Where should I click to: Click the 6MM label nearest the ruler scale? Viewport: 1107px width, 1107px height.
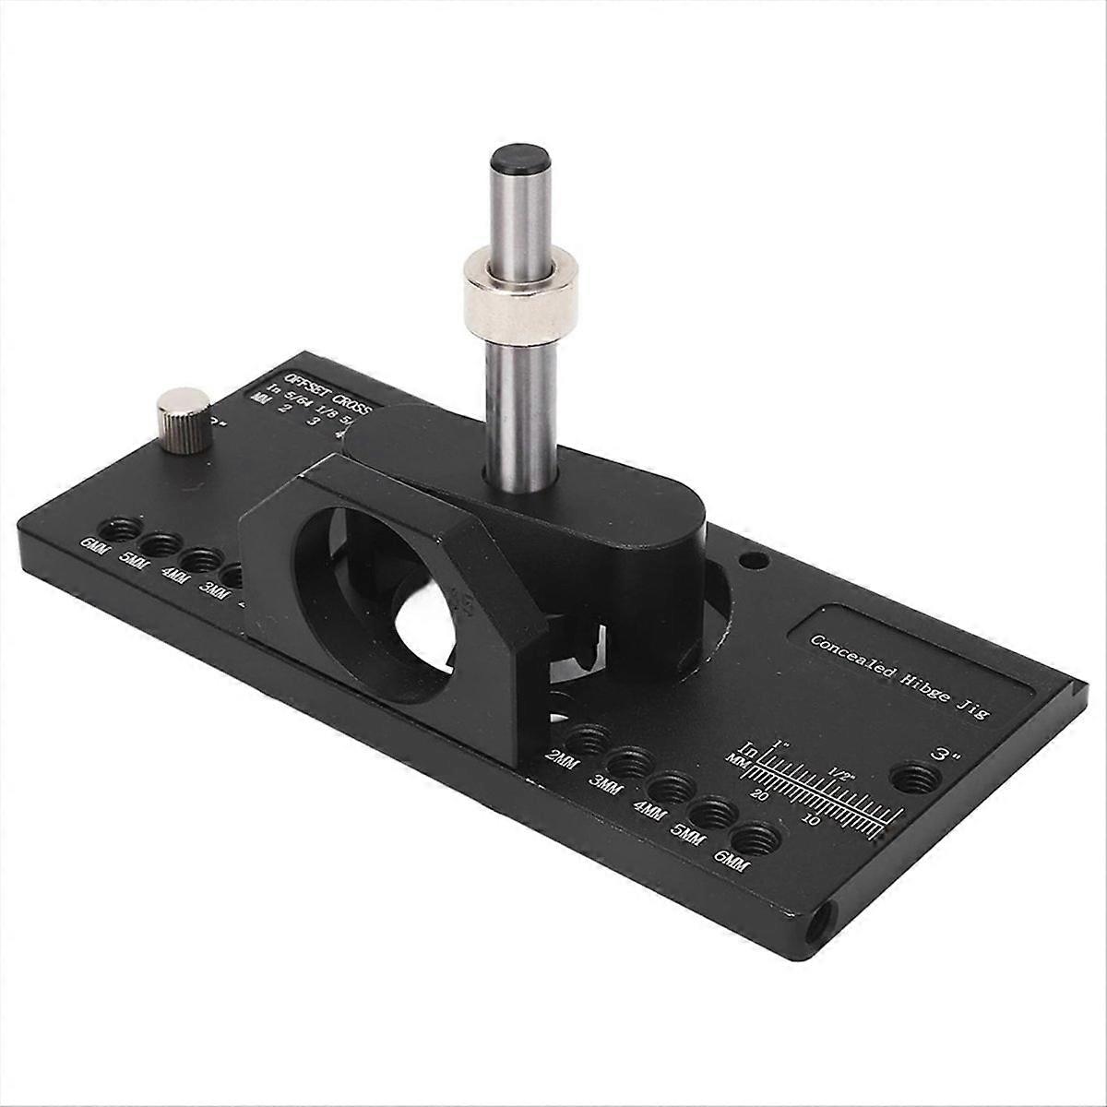[x=732, y=860]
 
